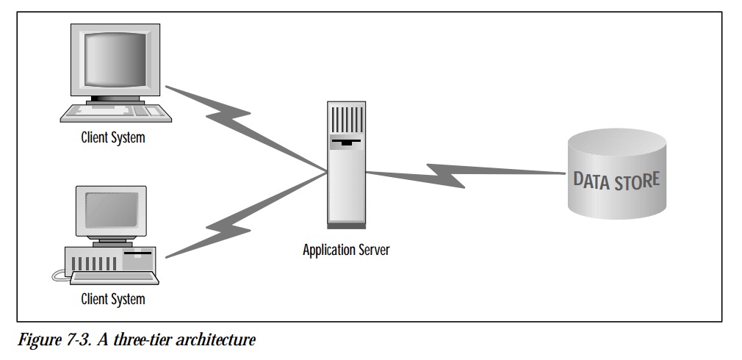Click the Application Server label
346,250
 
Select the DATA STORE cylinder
617,180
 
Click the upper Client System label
113,137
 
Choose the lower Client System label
113,298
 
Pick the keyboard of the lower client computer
110,278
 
